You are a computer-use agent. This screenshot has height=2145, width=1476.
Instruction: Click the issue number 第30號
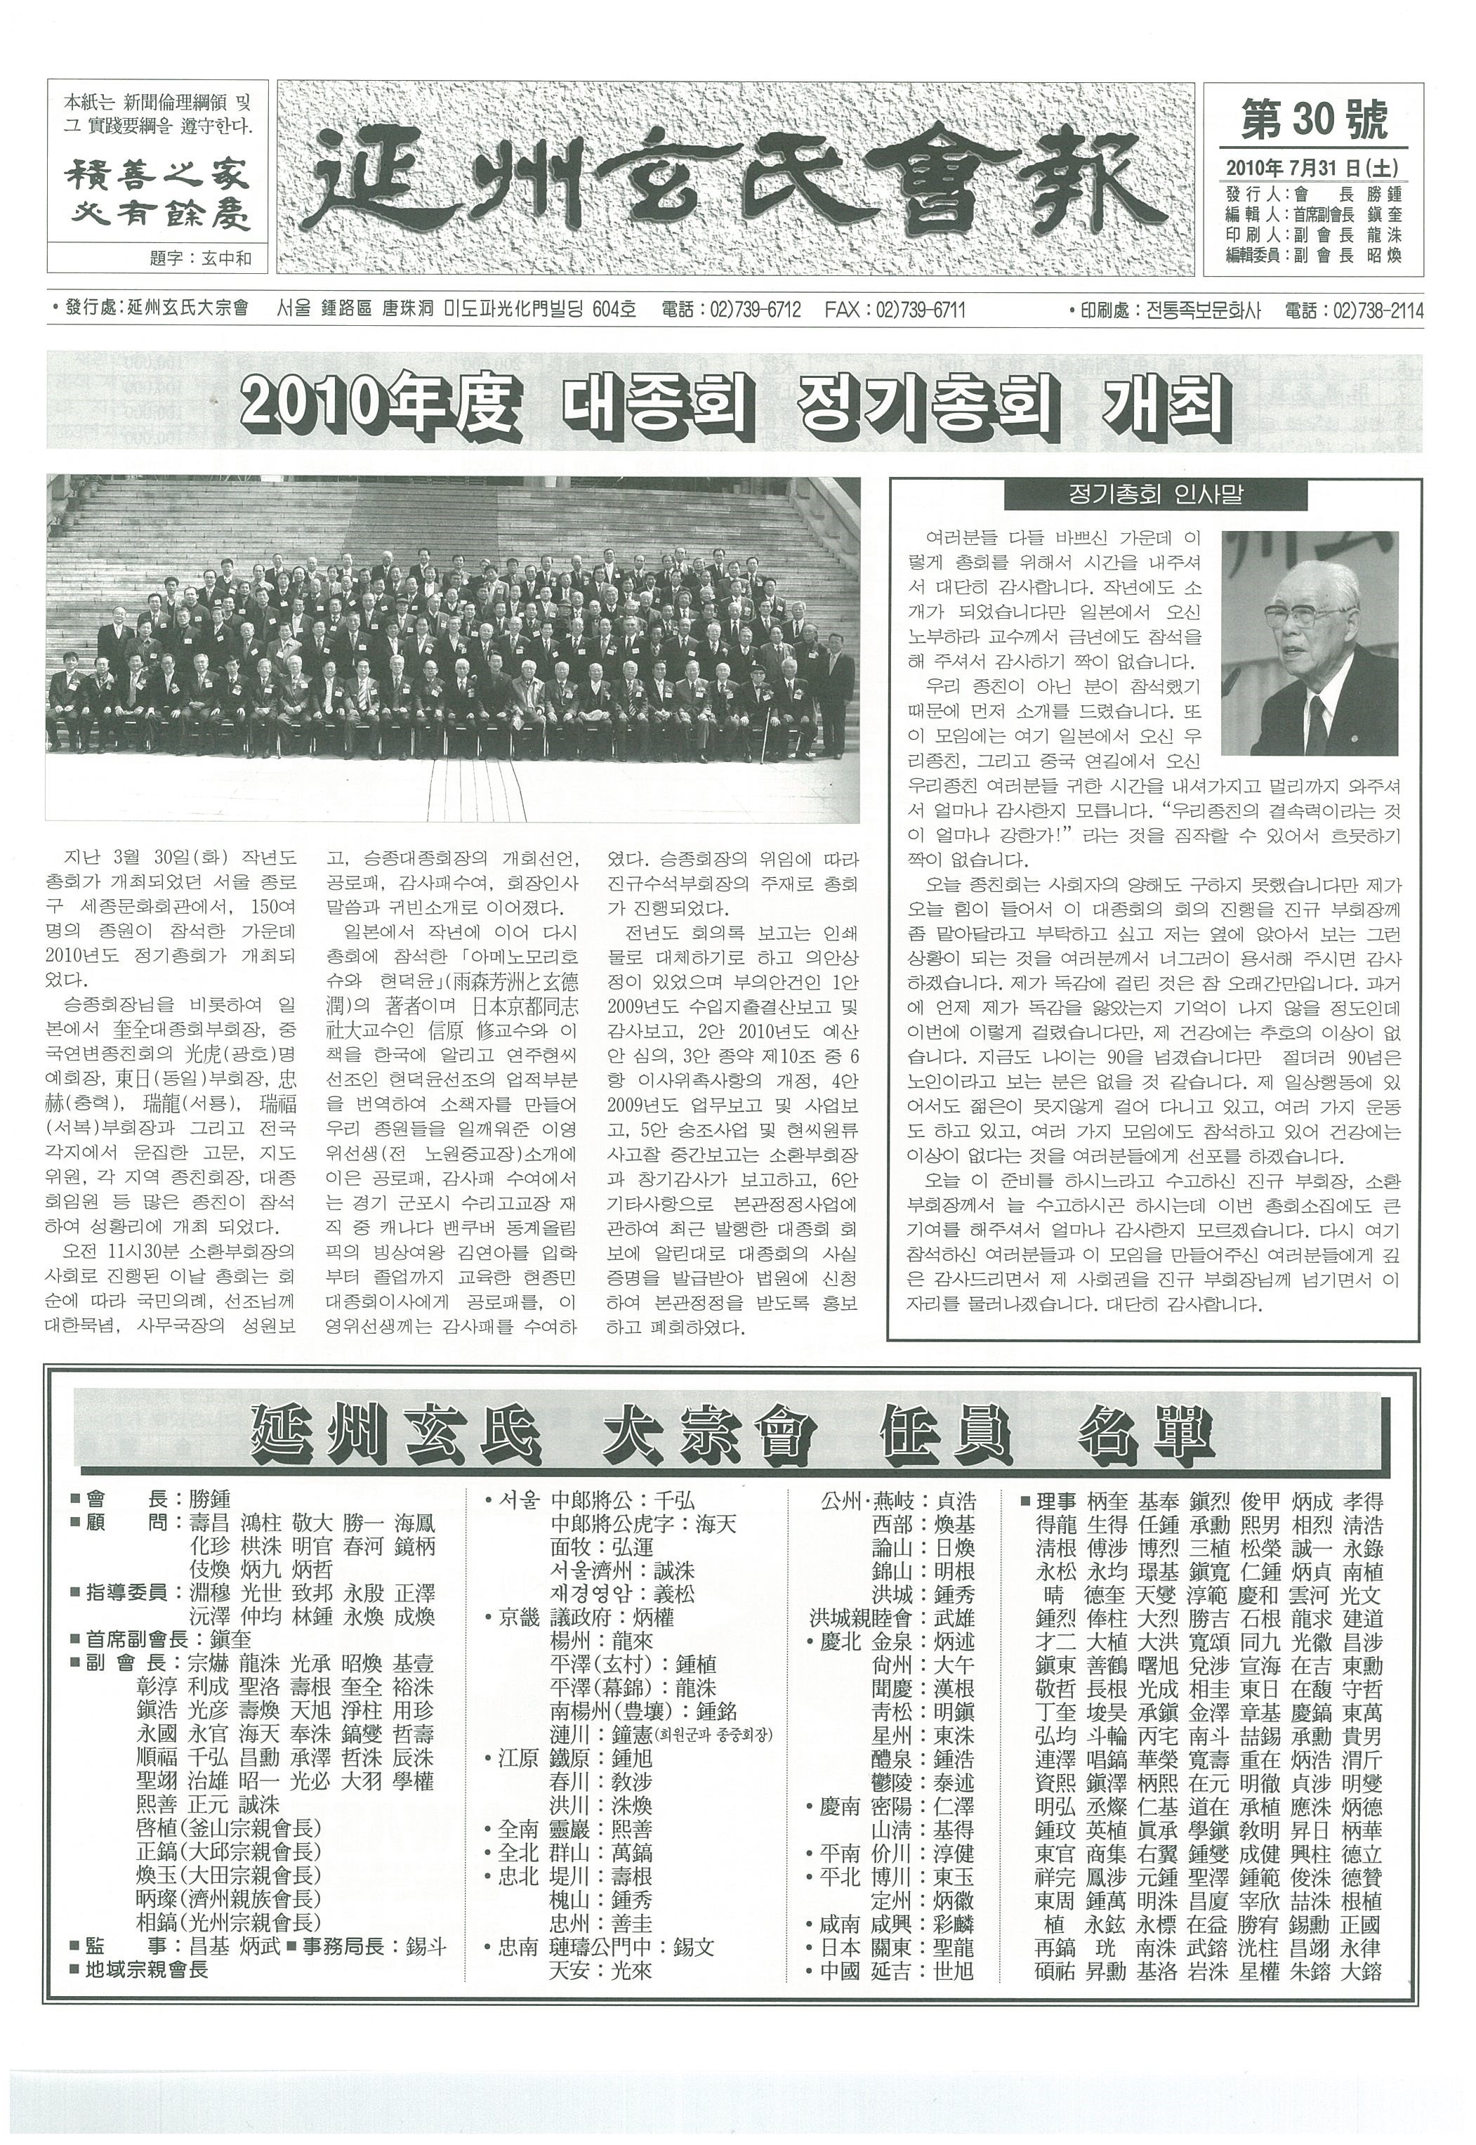[x=1312, y=120]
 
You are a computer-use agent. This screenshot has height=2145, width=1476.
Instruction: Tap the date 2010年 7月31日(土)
[x=1312, y=167]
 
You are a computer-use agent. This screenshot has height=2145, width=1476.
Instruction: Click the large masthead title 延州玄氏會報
[x=735, y=179]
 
